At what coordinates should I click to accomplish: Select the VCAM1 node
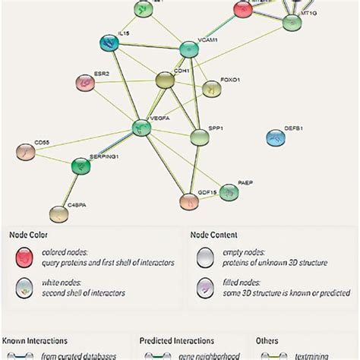coord(189,51)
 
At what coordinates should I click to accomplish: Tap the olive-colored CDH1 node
coord(165,81)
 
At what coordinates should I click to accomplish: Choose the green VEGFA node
coord(141,128)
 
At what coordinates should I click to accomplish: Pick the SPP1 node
coord(199,137)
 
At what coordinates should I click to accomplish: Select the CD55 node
coord(25,153)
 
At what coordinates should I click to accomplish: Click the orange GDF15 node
coord(188,202)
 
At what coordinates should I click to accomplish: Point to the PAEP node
coord(229,192)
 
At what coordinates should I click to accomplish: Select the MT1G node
coord(292,23)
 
